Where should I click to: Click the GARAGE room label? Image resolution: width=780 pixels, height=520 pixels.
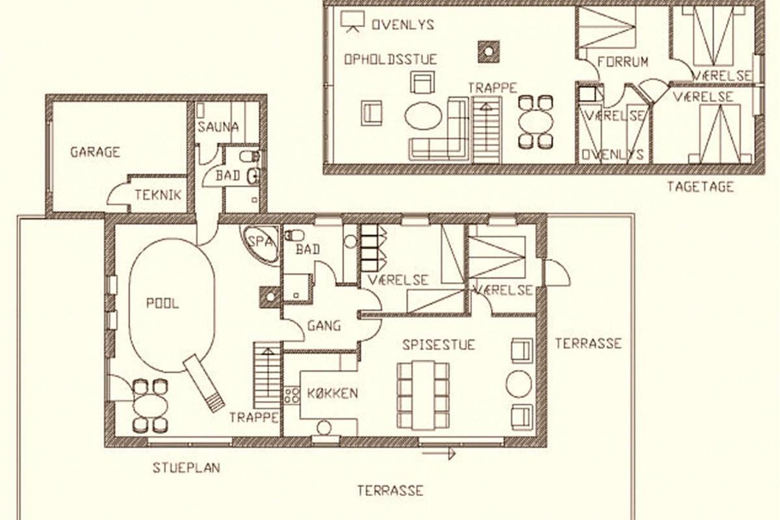(x=95, y=152)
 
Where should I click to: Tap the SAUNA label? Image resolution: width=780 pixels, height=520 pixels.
(x=218, y=127)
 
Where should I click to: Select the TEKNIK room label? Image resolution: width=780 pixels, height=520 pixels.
(x=158, y=195)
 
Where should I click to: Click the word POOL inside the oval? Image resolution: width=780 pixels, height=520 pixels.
(x=162, y=303)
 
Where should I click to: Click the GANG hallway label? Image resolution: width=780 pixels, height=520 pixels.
(x=324, y=326)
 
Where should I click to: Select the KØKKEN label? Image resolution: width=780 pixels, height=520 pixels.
(x=333, y=393)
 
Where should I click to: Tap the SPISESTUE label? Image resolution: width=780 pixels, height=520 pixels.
(x=438, y=344)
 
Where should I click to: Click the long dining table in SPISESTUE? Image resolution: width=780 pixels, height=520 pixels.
(x=423, y=395)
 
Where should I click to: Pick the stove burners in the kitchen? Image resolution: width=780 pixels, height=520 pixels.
(x=292, y=395)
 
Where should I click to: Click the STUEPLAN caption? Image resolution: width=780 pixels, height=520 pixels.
(x=187, y=468)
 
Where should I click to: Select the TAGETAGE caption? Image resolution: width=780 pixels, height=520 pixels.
(x=700, y=187)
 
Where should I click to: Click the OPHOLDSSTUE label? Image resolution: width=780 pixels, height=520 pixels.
(x=391, y=59)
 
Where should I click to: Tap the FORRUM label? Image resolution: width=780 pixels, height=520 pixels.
(x=623, y=62)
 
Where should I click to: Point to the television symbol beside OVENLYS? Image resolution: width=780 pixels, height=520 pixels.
(x=352, y=21)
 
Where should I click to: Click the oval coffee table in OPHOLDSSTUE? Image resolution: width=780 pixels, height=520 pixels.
(x=423, y=116)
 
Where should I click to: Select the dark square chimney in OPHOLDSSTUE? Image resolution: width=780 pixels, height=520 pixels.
(x=489, y=51)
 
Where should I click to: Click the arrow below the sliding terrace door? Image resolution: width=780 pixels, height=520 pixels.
(x=439, y=454)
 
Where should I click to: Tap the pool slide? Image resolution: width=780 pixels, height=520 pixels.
(x=204, y=383)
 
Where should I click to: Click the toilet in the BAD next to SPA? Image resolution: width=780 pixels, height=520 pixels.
(x=294, y=236)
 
